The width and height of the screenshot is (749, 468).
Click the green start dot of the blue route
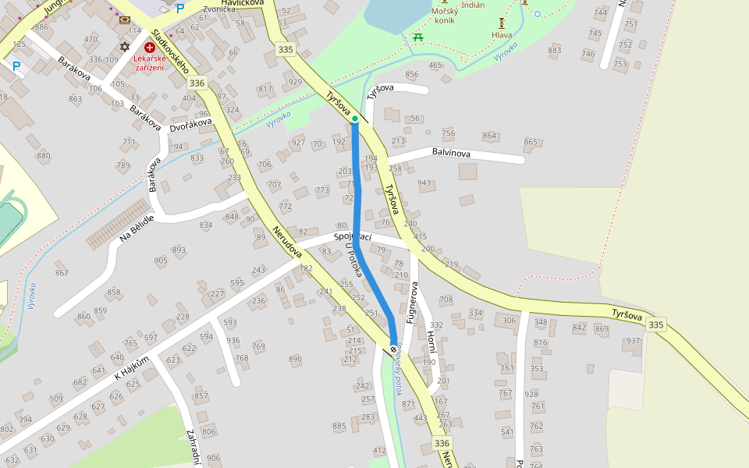point(355,119)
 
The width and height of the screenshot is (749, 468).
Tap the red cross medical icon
point(149,48)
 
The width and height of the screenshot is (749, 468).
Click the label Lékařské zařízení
point(149,62)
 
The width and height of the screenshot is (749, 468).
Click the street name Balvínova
point(451,154)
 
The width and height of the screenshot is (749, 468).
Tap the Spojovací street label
point(353,236)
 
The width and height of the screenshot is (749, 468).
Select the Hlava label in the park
point(502,35)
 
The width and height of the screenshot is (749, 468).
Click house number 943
point(424,183)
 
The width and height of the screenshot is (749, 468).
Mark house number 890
point(295,359)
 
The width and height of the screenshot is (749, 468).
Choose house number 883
point(555,51)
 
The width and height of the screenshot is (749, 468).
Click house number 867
point(62,273)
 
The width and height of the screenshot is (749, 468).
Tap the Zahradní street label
point(192,446)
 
